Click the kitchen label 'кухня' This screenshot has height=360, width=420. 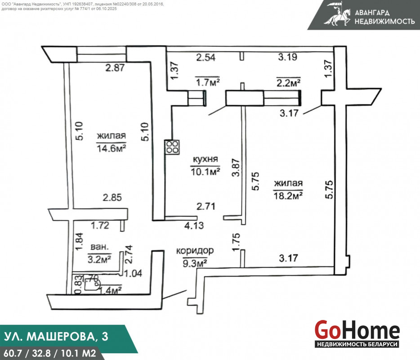click(206, 159)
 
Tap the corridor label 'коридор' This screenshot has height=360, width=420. click(195, 251)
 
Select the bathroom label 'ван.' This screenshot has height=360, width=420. click(100, 247)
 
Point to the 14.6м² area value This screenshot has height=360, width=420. click(111, 148)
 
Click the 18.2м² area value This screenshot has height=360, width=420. click(288, 196)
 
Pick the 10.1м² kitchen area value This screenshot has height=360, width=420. click(206, 171)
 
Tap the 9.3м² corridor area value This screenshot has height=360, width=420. click(195, 263)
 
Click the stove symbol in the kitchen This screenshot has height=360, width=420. click(173, 147)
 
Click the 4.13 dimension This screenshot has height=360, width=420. click(194, 225)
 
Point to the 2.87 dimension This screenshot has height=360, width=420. click(115, 67)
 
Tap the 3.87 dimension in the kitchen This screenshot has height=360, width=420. click(236, 167)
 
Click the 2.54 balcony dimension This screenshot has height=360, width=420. click(206, 57)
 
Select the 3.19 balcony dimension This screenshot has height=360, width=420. click(287, 57)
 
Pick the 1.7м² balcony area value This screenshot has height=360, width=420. click(208, 82)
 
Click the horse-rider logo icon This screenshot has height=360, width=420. click(337, 14)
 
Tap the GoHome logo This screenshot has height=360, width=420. click(357, 333)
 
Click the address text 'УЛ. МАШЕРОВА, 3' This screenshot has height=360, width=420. click(56, 337)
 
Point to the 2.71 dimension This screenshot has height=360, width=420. click(206, 207)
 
